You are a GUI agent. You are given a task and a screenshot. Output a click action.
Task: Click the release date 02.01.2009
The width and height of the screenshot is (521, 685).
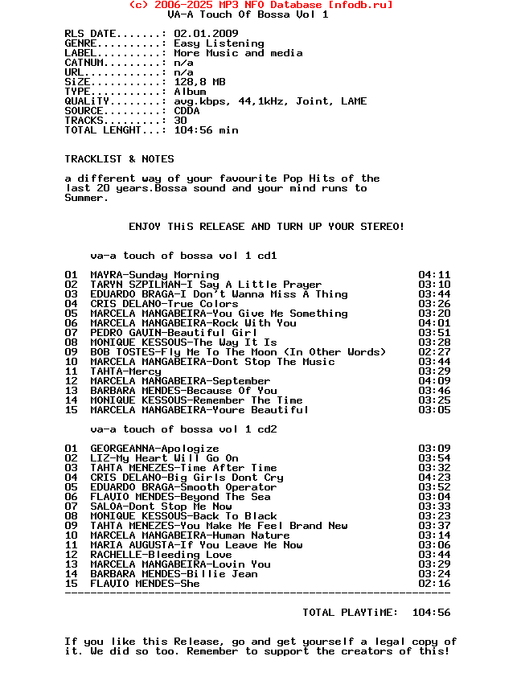[x=206, y=34]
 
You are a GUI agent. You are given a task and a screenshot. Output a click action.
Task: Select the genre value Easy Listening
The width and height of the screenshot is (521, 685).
[x=219, y=43]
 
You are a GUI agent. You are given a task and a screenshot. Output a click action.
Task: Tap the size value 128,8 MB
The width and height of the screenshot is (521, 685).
[x=199, y=82]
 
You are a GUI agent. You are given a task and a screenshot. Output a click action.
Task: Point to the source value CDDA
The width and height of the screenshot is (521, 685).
[x=187, y=111]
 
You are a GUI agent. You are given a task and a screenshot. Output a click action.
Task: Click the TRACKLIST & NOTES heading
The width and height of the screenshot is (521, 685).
[x=119, y=159]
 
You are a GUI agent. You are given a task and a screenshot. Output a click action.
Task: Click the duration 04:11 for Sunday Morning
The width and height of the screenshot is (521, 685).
[x=434, y=275]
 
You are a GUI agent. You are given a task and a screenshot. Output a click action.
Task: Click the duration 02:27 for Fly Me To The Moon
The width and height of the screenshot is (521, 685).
[x=434, y=352]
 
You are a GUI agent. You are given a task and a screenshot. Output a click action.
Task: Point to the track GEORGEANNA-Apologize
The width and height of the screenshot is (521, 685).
[x=154, y=449]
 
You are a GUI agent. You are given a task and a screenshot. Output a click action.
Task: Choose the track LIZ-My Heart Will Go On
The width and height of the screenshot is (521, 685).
[x=164, y=458]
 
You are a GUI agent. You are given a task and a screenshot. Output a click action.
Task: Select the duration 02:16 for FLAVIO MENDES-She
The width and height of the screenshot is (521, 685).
[x=434, y=584]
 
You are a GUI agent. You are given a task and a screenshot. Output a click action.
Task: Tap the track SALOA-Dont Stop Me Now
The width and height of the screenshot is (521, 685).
[x=161, y=507]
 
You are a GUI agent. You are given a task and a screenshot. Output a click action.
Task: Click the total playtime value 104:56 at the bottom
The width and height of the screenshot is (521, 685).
[x=431, y=613]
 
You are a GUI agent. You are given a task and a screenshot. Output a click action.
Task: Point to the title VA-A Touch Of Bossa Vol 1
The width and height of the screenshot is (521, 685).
[x=248, y=14]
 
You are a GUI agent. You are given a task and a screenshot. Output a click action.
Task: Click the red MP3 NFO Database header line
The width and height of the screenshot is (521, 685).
[x=260, y=5]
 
